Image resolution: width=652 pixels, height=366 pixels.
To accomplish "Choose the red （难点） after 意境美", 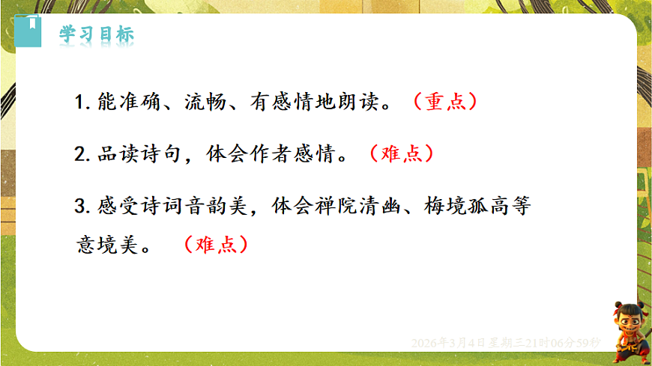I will tap(214, 245).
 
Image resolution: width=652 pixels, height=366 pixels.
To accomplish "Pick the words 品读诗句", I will tap(140, 154).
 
